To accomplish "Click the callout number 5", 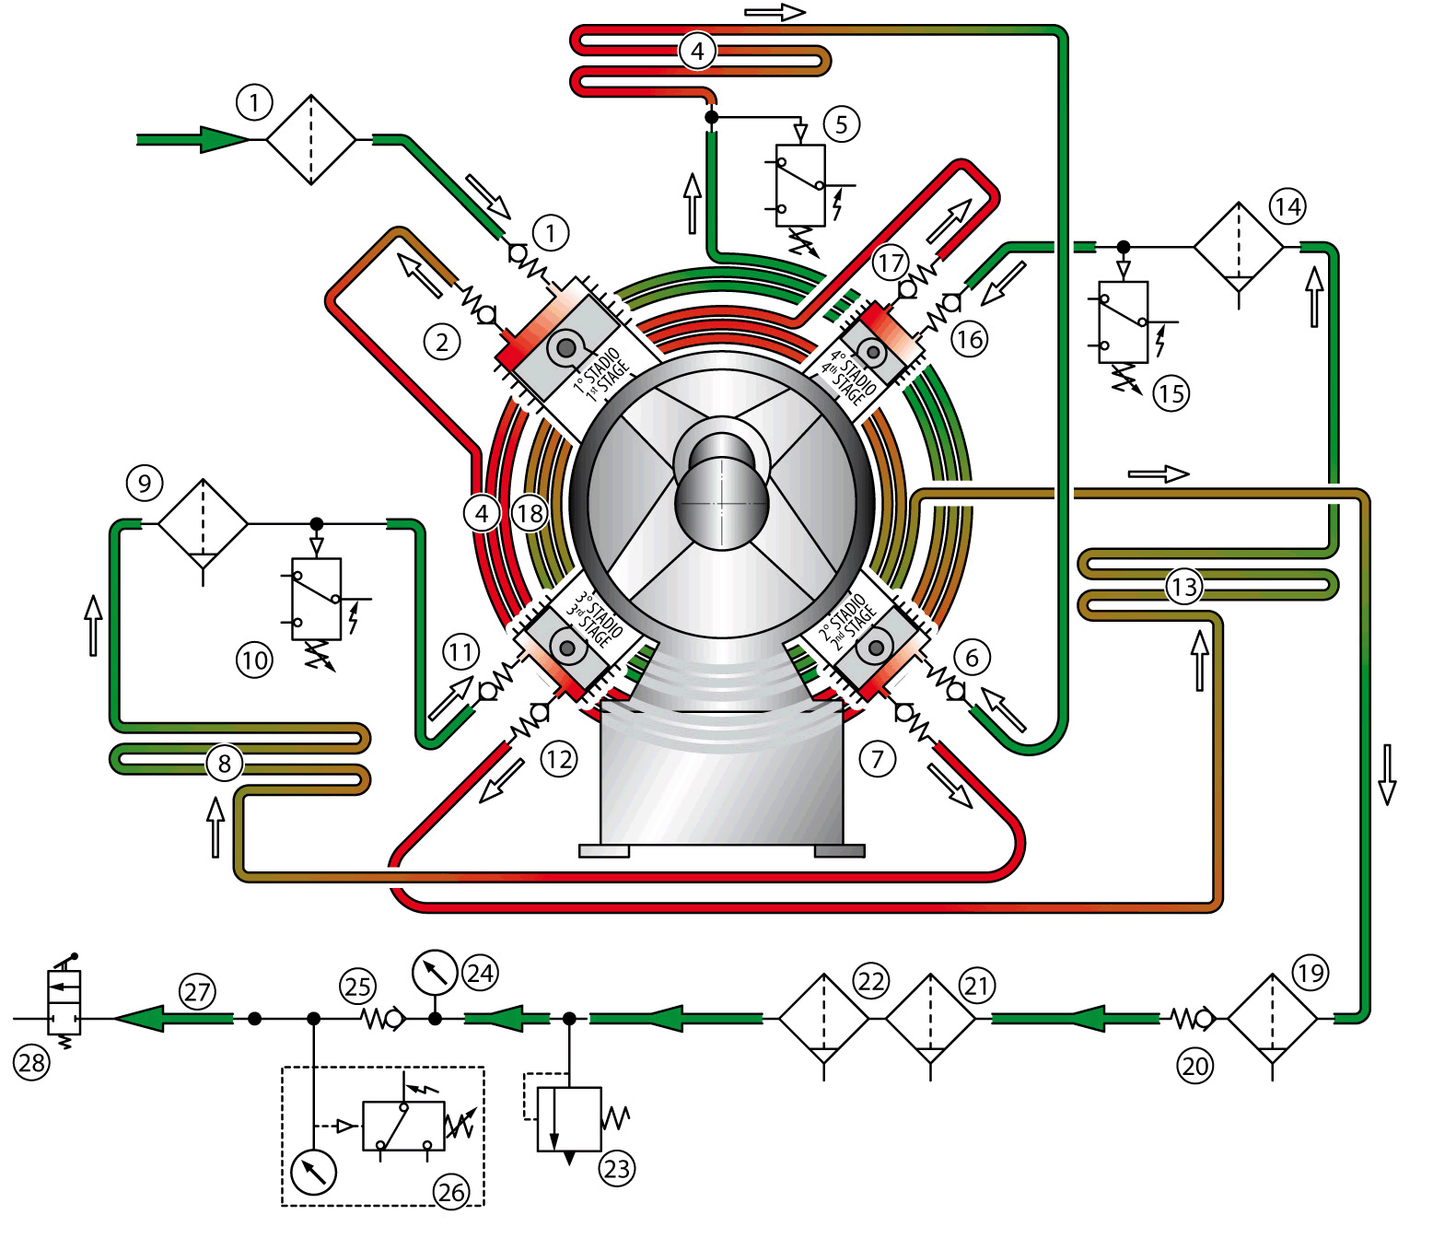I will pos(841,124).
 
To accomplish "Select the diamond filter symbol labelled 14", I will pos(1239,247).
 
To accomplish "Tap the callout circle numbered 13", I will pos(1183,586).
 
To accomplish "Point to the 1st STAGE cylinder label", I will pos(600,374).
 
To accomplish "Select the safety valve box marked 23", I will pos(569,1118).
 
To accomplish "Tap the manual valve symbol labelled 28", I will pos(64,1002).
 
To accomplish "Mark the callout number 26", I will pos(451,1192).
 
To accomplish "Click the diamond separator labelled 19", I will pos(1273,1019).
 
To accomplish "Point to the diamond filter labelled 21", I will pos(930,1019).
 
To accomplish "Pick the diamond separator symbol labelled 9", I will pos(203,523).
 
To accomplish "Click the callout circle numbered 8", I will pos(224,763).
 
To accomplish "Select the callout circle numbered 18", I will pos(530,513).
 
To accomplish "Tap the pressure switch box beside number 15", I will pos(1123,321).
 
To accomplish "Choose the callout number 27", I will pos(198,992).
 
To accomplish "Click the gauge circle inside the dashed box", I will pos(313,1172).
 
